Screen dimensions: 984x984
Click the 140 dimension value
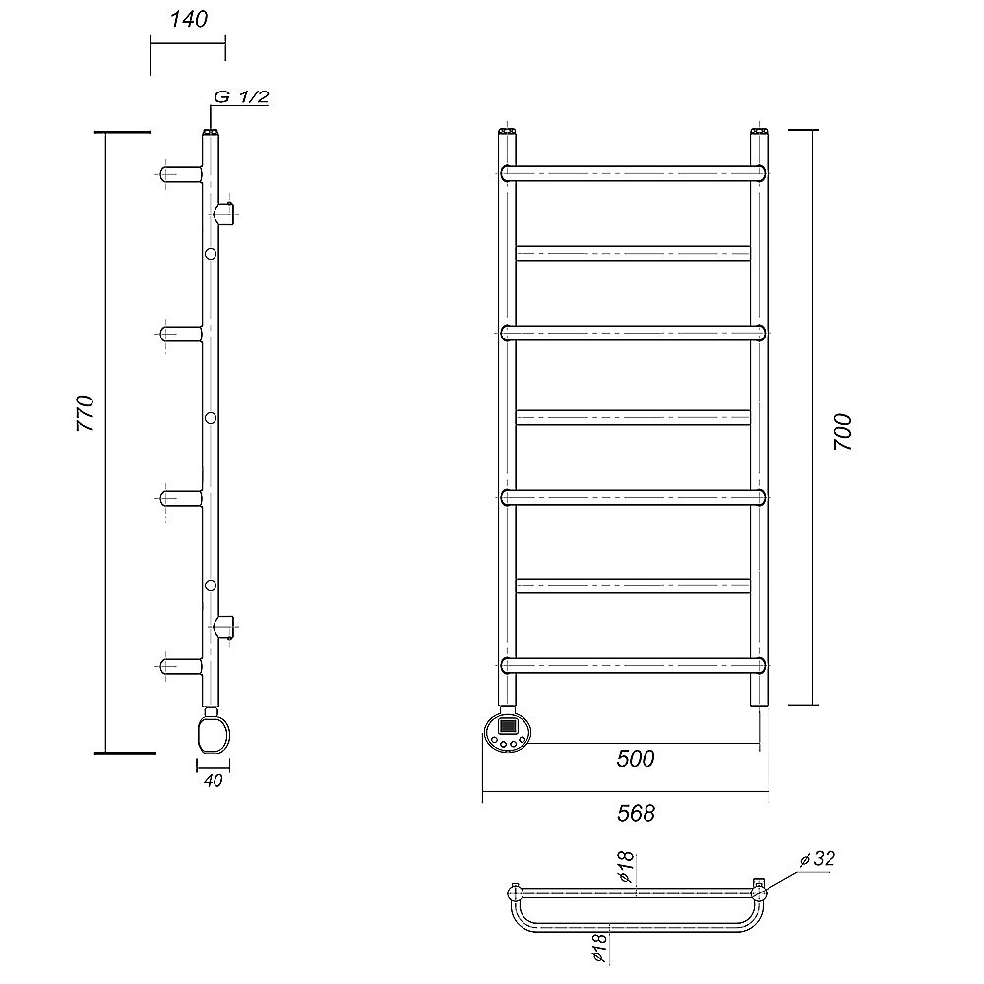coord(188,19)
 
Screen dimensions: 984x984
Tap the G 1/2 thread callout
coord(242,97)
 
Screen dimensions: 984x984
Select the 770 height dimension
coord(86,413)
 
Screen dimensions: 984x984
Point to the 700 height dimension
coord(843,432)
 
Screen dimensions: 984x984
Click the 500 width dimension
coord(635,759)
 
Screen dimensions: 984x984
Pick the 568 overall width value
coord(636,814)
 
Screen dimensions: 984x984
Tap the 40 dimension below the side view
coord(214,781)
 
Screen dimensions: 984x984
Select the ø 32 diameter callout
coord(818,858)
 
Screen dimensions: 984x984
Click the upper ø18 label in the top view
coord(626,867)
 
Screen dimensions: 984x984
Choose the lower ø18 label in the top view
coord(600,948)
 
